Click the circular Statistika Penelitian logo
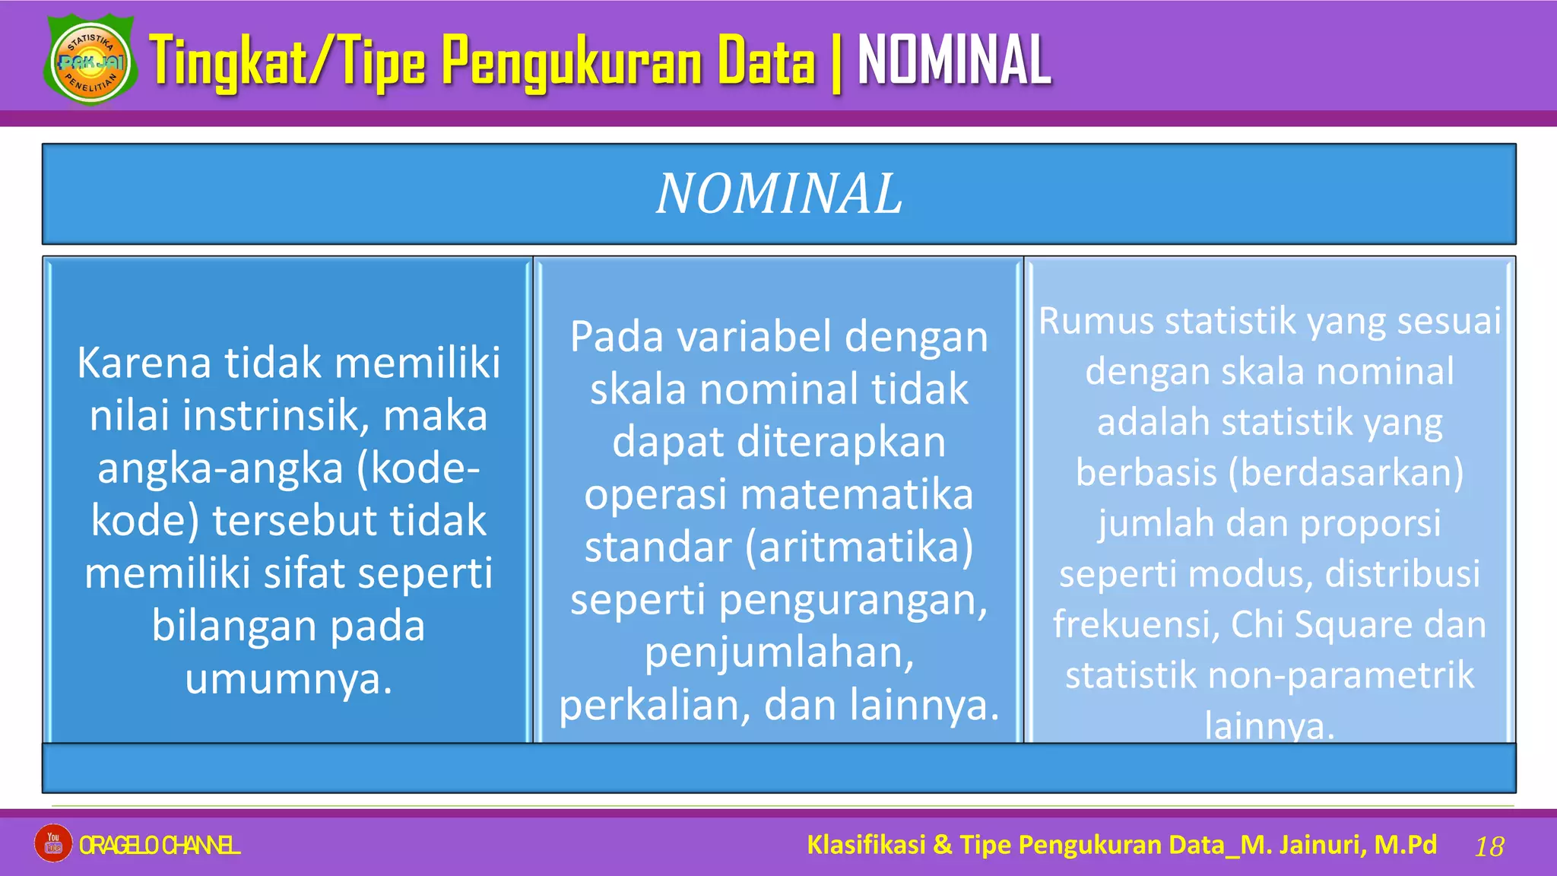pos(91,61)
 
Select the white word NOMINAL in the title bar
pos(954,61)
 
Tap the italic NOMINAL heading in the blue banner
pos(779,194)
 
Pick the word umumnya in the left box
pos(288,678)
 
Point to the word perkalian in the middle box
pos(655,705)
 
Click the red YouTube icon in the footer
pos(53,843)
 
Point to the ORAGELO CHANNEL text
pos(160,845)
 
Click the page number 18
pos(1489,846)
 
